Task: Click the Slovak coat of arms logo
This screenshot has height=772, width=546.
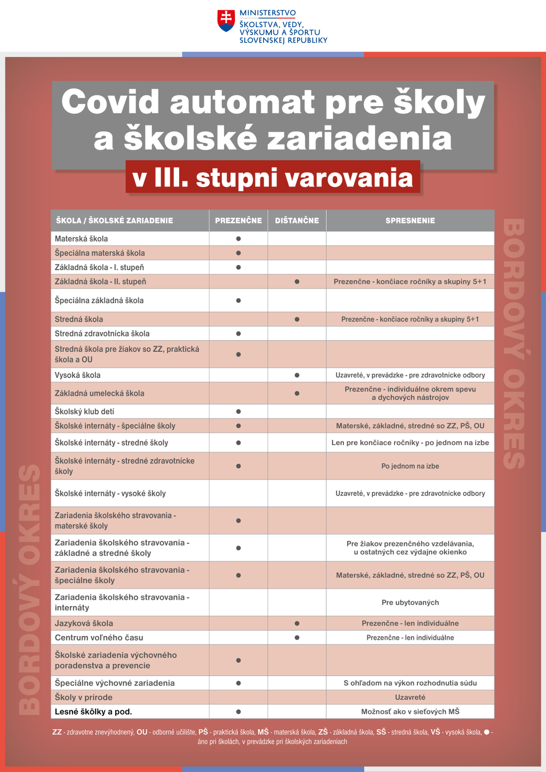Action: pos(226,21)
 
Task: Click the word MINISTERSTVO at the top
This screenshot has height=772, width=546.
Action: pos(268,13)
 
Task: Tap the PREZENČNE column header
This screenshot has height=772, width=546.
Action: pos(238,221)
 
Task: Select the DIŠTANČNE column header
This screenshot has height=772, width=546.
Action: pos(297,221)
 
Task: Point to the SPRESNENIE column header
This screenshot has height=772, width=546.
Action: pos(410,221)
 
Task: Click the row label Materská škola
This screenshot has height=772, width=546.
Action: pos(82,239)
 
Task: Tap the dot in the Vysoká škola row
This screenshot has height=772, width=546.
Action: pos(297,375)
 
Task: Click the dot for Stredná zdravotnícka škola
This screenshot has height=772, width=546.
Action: pos(238,334)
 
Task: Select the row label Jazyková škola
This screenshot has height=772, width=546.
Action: pos(84,623)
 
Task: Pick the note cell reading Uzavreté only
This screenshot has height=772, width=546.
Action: pos(410,697)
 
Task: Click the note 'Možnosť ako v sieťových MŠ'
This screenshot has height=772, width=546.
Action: pos(410,712)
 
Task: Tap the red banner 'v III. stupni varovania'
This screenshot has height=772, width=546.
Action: pos(272,178)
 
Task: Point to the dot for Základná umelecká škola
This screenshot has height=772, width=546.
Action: pos(297,393)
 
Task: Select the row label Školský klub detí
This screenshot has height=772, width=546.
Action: pos(84,412)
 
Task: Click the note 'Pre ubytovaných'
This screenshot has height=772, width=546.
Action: pos(410,602)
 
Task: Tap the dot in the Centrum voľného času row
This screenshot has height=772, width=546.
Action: pos(297,638)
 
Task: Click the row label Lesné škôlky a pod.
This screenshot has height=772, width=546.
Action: pos(93,712)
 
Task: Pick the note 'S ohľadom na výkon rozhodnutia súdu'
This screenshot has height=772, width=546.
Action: pos(410,683)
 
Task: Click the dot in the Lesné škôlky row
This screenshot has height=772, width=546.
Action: pos(238,712)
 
